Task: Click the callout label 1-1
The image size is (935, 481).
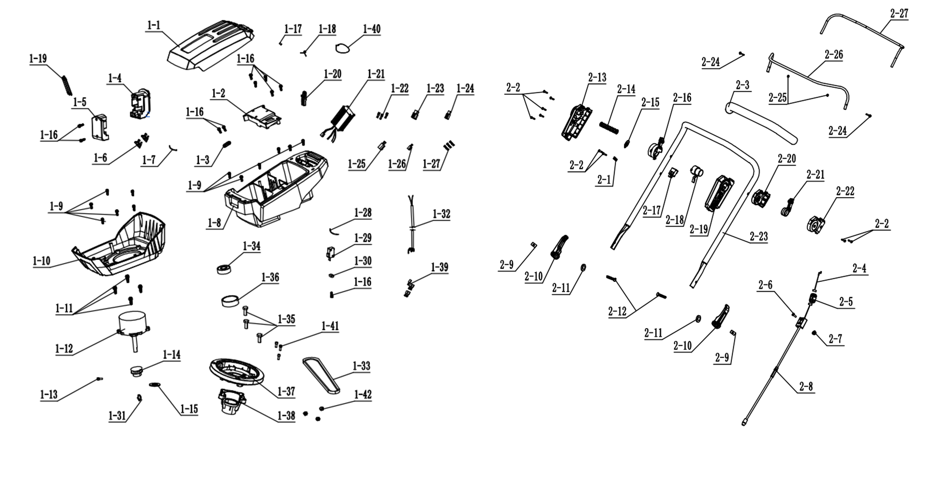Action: point(154,25)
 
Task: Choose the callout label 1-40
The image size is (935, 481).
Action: point(372,29)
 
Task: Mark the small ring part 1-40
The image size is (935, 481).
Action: point(342,48)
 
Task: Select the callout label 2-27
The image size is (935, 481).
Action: point(899,14)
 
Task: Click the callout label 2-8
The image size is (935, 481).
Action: point(806,386)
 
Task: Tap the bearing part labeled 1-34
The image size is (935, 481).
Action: point(224,269)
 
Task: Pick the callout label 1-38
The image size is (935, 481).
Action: point(286,415)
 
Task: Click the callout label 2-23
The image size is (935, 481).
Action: point(759,237)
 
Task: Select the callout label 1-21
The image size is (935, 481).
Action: point(376,74)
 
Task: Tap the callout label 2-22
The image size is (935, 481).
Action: point(845,191)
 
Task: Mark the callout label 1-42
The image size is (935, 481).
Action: point(363,395)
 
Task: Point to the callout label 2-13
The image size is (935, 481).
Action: point(597,77)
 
